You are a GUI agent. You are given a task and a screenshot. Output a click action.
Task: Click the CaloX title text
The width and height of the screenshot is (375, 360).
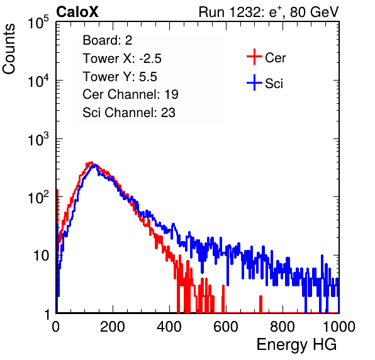(x=77, y=12)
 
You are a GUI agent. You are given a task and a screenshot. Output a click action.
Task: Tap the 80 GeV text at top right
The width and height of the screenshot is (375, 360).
(x=314, y=12)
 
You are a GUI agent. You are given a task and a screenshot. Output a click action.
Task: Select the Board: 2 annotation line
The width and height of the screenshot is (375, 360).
(x=108, y=40)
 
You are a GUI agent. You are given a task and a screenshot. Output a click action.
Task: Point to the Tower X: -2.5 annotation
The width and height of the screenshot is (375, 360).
(x=122, y=59)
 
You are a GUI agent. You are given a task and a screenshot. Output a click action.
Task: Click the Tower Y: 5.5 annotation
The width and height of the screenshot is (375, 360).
(x=120, y=77)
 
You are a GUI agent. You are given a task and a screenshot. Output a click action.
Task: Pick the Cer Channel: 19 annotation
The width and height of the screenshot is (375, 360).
(x=130, y=94)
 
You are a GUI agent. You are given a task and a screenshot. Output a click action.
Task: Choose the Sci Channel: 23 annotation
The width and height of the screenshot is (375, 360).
(x=129, y=113)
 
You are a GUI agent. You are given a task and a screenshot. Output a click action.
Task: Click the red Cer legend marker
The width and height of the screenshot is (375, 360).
(x=254, y=57)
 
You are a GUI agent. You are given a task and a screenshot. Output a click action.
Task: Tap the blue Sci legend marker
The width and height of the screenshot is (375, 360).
(x=254, y=82)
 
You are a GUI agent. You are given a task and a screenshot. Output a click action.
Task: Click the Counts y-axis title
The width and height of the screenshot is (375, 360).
(x=9, y=49)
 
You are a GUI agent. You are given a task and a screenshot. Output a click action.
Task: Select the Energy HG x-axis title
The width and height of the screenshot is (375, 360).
(x=296, y=344)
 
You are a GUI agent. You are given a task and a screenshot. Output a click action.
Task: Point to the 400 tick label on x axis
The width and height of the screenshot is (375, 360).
(x=169, y=327)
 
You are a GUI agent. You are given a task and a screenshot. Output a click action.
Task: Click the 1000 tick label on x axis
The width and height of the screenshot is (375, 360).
(x=339, y=327)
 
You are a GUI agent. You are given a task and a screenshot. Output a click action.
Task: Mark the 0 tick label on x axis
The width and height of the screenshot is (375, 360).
(x=56, y=327)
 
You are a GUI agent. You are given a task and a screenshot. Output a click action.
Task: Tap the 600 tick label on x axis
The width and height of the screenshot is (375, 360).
(x=226, y=327)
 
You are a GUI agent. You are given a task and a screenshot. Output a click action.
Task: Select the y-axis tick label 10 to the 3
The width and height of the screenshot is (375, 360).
(x=38, y=139)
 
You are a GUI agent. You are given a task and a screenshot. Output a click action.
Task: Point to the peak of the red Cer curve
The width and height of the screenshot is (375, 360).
(x=91, y=162)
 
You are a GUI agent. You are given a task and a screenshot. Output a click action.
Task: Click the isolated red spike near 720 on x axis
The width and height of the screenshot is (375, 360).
(x=260, y=304)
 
